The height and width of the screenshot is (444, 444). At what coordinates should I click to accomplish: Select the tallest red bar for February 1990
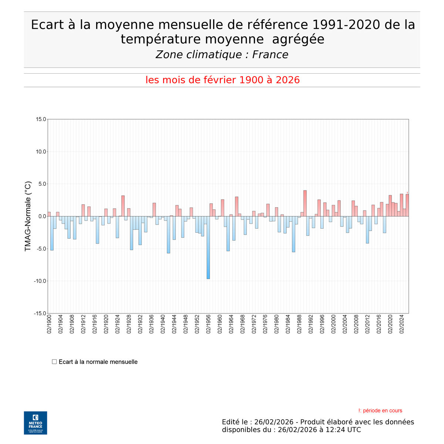point(305,203)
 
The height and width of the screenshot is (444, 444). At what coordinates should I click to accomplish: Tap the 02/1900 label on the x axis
point(49,324)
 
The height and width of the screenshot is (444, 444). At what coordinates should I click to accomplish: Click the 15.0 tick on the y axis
point(41,120)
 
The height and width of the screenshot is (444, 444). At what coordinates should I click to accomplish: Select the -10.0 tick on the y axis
point(40,281)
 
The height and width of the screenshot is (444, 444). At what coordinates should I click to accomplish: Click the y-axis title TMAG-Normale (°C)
point(28,216)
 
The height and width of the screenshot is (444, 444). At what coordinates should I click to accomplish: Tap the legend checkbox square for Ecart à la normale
point(54,361)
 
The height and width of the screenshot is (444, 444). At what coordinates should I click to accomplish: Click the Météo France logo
point(36,423)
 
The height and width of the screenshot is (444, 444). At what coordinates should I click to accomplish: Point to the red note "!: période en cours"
point(380,411)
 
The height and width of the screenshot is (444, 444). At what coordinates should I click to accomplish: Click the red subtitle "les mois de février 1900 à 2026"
point(222,80)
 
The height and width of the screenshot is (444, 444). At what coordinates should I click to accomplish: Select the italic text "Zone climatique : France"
point(222,55)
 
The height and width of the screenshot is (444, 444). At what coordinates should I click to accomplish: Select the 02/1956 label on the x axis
point(208,324)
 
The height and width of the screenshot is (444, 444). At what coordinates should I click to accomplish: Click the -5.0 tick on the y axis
point(41,249)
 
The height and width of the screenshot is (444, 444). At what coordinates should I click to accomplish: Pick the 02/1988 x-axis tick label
point(299,324)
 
